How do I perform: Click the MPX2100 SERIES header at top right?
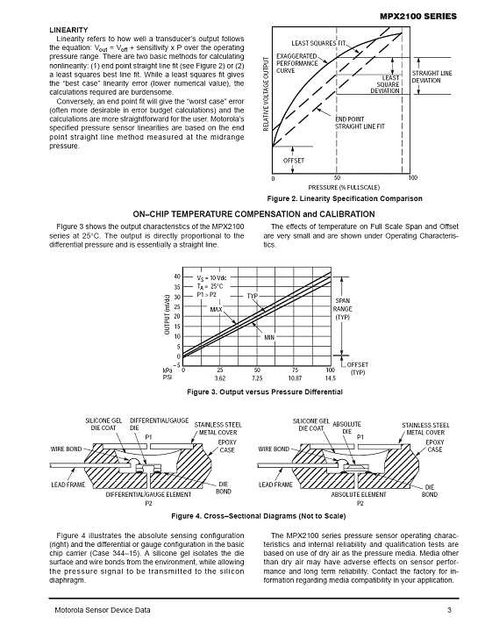pos(418,17)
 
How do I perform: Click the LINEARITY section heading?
pos(68,30)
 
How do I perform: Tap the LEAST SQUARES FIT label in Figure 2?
pos(319,43)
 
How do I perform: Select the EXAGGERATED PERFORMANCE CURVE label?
pos(297,63)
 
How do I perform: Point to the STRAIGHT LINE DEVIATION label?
pos(432,76)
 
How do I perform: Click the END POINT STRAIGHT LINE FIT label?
pos(360,123)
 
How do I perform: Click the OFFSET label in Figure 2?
pos(294,161)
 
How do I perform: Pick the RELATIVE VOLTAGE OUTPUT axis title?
pos(266,94)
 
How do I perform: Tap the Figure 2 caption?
pos(345,198)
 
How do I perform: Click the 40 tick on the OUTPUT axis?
pos(177,277)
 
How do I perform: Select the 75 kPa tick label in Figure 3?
pos(295,370)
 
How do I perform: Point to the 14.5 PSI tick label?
pos(330,377)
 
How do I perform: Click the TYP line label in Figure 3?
pos(253,296)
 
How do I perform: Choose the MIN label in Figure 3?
pos(269,338)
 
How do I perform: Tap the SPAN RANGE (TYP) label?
pos(342,309)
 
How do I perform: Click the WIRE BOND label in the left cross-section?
pos(66,449)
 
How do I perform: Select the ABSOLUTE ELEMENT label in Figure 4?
pos(359,495)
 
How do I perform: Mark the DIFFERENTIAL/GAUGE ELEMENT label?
pos(148,495)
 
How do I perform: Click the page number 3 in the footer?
pos(449,610)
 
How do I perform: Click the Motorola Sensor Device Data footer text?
pos(103,610)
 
